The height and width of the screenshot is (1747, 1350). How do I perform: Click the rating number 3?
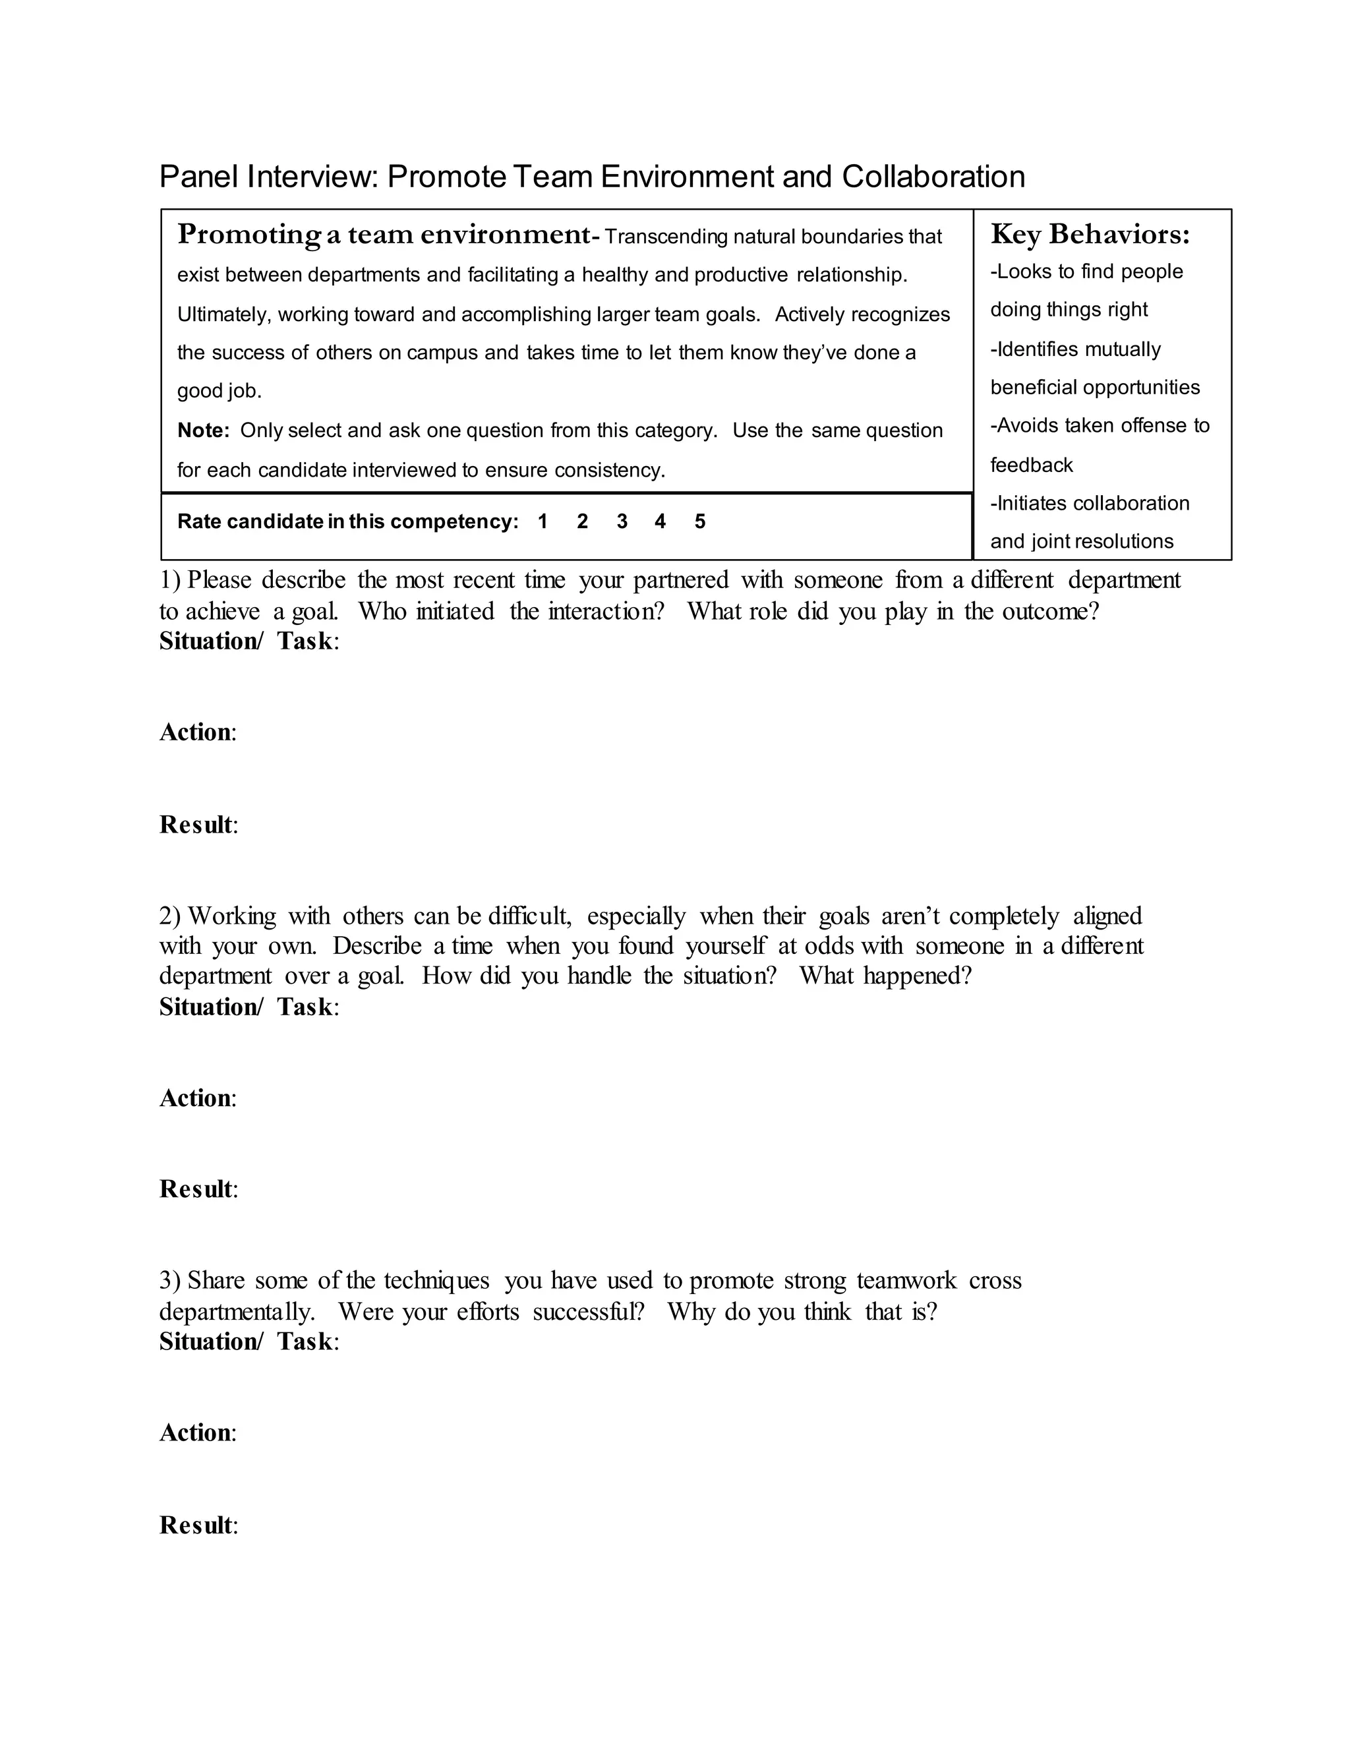[x=622, y=521]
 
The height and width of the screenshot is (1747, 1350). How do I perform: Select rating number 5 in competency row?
[x=700, y=521]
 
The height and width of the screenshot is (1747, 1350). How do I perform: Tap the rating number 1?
[x=543, y=521]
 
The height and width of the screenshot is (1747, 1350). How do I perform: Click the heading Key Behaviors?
[x=1090, y=235]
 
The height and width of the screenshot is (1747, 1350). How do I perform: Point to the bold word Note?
[x=203, y=430]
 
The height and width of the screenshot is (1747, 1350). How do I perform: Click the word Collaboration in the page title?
[x=933, y=177]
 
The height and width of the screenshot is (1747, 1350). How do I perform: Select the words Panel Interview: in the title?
[x=268, y=177]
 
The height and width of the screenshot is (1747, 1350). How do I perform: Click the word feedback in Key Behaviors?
[x=1031, y=465]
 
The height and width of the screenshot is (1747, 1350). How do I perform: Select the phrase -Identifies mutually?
[x=1075, y=349]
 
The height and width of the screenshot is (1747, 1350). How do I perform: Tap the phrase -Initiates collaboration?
[x=1089, y=503]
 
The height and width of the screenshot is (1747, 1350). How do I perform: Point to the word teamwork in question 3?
[x=906, y=1280]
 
